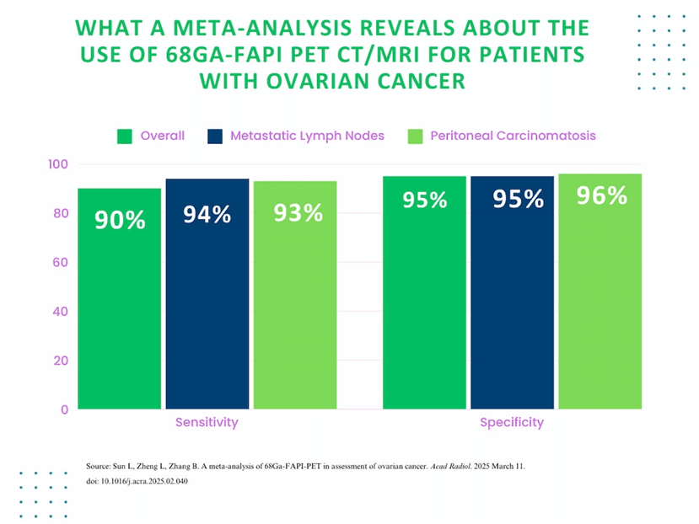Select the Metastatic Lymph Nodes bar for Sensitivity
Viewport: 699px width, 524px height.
[207, 294]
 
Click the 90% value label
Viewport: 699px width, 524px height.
[120, 221]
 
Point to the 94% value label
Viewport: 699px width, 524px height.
[207, 215]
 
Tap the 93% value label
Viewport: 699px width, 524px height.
[298, 213]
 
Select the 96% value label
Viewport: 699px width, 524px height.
[602, 195]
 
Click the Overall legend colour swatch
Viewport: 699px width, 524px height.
[125, 136]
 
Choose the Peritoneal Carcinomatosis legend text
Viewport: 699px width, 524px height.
[513, 136]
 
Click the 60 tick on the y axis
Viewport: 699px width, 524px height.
[61, 262]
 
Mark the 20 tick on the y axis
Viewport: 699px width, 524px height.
[61, 360]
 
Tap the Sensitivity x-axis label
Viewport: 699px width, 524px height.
[207, 422]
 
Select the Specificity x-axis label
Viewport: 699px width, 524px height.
[512, 422]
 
